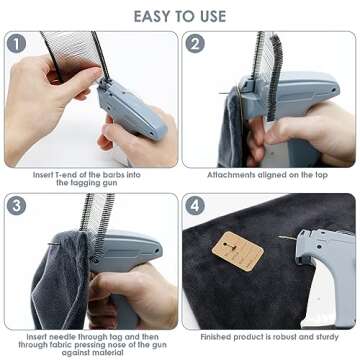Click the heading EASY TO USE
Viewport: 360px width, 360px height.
[179, 17]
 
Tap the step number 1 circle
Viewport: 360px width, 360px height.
[17, 44]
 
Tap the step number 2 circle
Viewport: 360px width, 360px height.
[196, 44]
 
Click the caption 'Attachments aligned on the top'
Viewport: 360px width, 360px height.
[268, 174]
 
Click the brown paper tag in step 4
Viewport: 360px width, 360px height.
[238, 251]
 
